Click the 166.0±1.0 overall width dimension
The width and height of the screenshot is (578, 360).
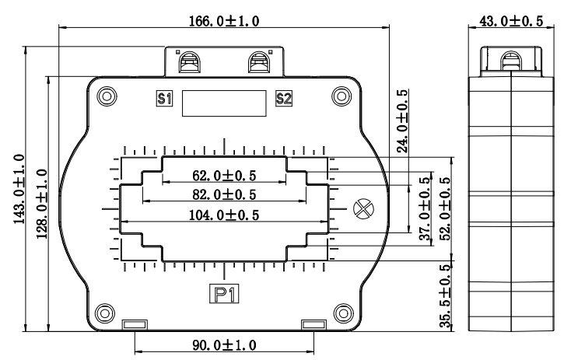(224, 21)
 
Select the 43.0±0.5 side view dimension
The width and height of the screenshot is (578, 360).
(511, 21)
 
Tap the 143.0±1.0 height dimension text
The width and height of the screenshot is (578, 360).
(19, 189)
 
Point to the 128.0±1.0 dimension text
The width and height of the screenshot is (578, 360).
(42, 204)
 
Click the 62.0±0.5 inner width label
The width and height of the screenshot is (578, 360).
(224, 176)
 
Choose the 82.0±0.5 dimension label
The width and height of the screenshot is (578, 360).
(224, 194)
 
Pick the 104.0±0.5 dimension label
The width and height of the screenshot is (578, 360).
(224, 215)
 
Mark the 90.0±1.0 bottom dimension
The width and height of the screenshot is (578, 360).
(224, 345)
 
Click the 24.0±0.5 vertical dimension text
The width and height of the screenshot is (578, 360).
(402, 121)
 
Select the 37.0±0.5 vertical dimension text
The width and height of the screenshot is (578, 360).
(425, 208)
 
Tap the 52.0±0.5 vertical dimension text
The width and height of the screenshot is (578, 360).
(445, 208)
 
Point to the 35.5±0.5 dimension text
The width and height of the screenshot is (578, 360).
(445, 296)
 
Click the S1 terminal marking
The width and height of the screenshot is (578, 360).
(164, 99)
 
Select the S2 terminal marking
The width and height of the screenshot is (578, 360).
(284, 99)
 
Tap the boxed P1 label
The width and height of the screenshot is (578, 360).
(224, 294)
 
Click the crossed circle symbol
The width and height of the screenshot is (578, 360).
(363, 209)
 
